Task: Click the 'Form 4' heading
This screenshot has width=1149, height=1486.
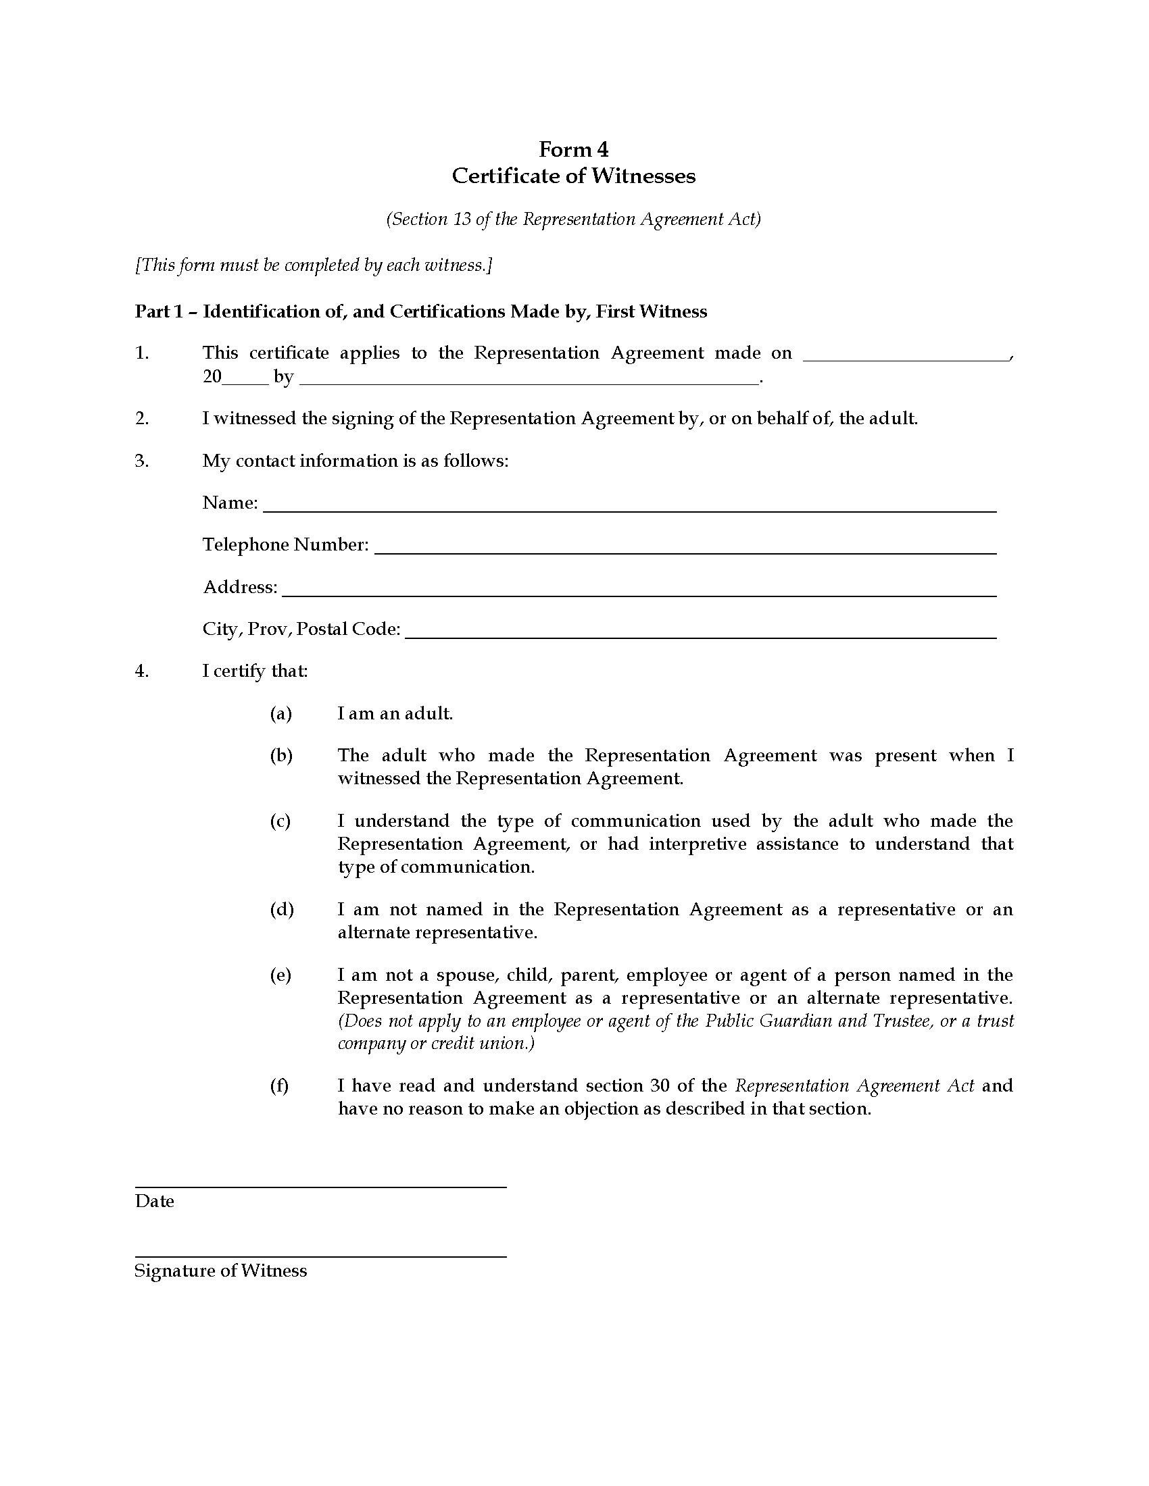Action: tap(573, 149)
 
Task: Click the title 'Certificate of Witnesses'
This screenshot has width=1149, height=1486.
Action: tap(573, 176)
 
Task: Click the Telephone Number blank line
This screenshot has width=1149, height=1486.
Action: tap(685, 552)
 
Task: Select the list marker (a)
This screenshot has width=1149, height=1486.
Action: tap(280, 713)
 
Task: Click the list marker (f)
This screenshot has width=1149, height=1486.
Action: tap(279, 1085)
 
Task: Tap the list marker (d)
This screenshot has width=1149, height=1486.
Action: tap(281, 909)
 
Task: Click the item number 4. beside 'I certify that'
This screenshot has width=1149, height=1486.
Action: tap(141, 671)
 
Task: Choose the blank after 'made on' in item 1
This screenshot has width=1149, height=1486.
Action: tap(906, 357)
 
